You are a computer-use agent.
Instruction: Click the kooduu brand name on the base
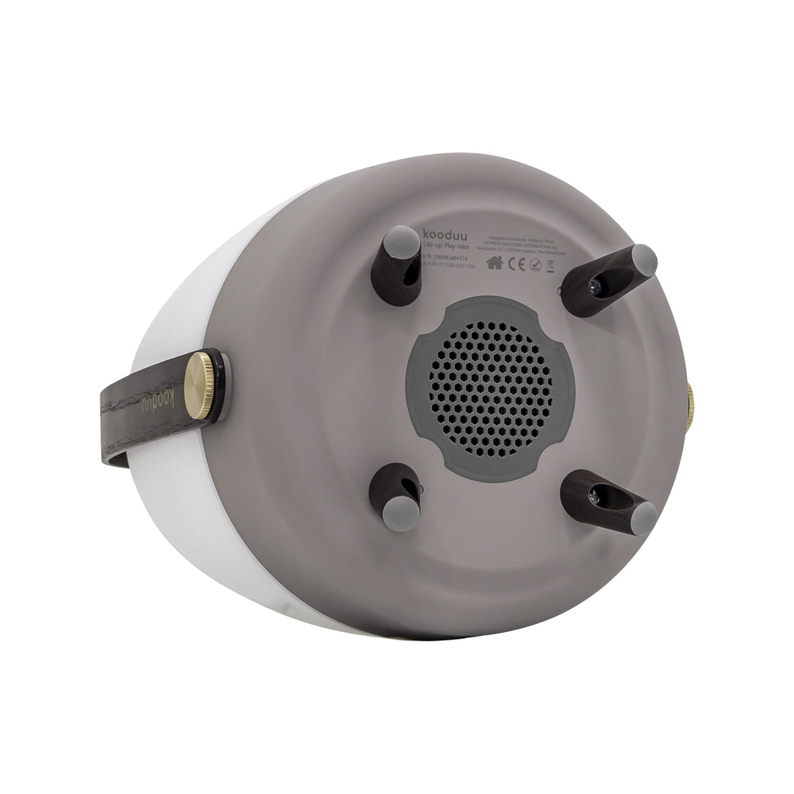(448, 233)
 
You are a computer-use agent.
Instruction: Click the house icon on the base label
(494, 263)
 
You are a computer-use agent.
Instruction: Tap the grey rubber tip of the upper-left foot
(401, 241)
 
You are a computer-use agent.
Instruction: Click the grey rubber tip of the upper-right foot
(644, 261)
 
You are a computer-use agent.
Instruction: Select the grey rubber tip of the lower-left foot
(402, 513)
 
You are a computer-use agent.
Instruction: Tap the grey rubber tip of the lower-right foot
(644, 518)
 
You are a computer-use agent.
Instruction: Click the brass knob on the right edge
(689, 399)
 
